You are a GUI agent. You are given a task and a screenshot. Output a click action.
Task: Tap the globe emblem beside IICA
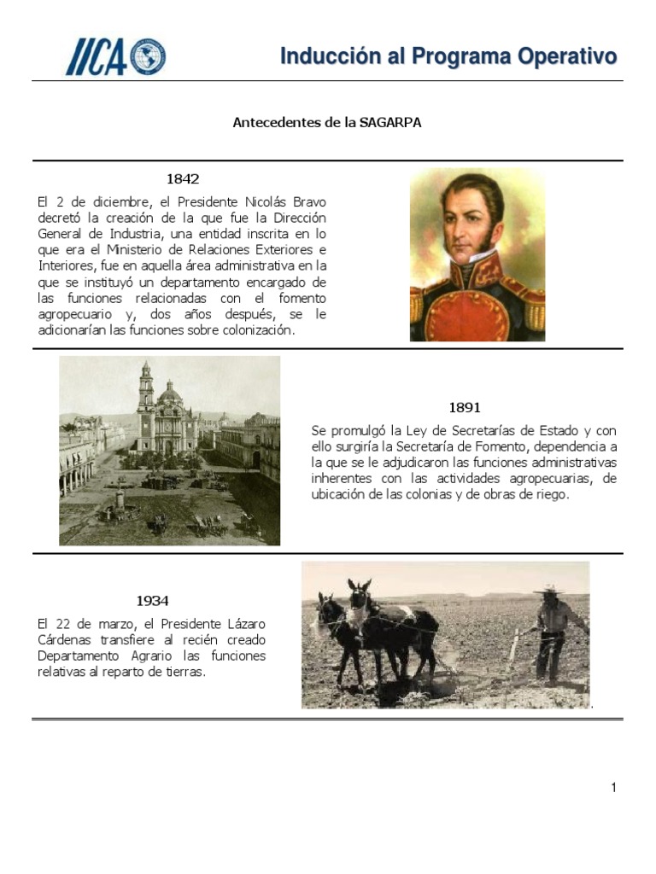[x=149, y=56]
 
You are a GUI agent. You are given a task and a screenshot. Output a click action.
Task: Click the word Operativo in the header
[x=567, y=57]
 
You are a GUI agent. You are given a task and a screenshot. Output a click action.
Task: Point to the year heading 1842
[x=183, y=179]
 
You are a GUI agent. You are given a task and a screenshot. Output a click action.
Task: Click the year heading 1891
[x=465, y=407]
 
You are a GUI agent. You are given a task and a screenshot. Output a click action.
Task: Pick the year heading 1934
[x=153, y=601]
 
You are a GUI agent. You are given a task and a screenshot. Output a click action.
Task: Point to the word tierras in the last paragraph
[x=185, y=673]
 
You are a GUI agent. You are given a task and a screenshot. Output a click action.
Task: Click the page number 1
[x=613, y=788]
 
